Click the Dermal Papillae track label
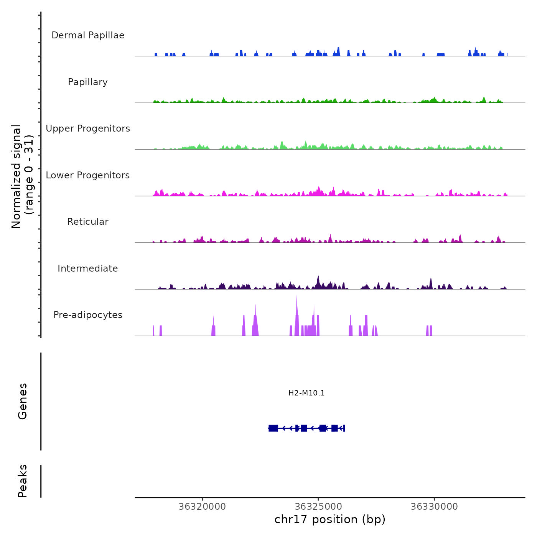(x=88, y=35)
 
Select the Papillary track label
(x=88, y=82)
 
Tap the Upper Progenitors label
(x=88, y=128)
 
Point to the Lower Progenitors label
(x=88, y=175)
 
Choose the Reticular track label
(x=88, y=222)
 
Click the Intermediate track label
(x=88, y=268)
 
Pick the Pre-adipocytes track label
(x=88, y=315)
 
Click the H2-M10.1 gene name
(x=306, y=393)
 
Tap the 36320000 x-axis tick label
(x=202, y=507)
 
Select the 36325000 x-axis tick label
(x=318, y=507)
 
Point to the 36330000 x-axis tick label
(x=434, y=507)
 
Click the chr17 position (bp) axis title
(x=330, y=519)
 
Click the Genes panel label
(x=22, y=401)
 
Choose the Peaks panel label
(x=22, y=481)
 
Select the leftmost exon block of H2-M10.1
(x=273, y=428)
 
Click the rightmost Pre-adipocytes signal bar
(x=431, y=331)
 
